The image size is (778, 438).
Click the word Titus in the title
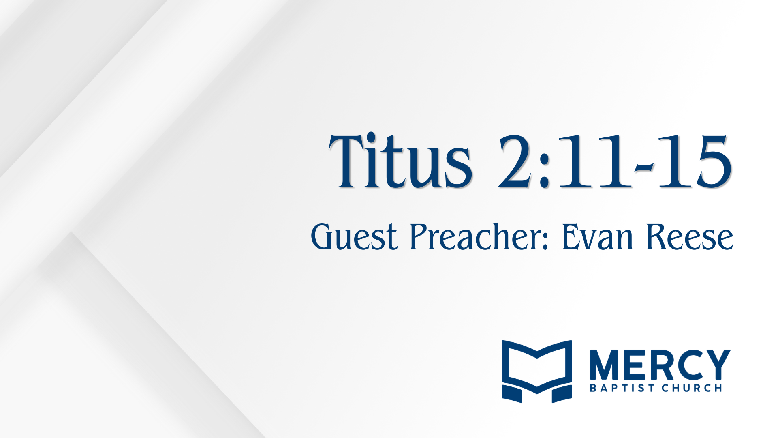point(400,161)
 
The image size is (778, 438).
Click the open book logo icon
point(537,371)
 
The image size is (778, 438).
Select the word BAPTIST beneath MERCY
point(622,388)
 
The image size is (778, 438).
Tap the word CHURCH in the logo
point(692,388)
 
